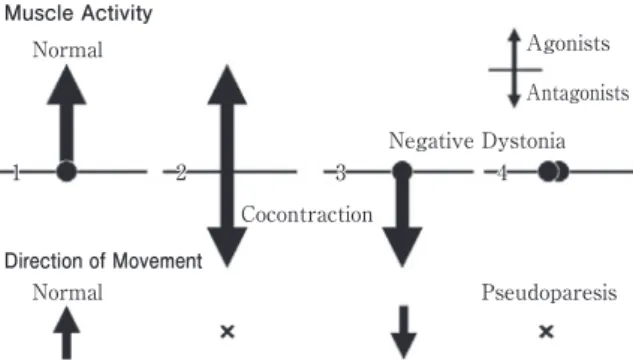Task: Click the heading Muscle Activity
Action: pos(78,13)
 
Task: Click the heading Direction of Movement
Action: pos(103,261)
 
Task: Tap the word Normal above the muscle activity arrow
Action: pos(67,50)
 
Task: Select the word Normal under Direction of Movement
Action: pos(67,292)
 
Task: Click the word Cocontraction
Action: pos(307,214)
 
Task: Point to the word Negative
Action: pos(431,141)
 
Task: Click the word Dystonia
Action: pos(524,142)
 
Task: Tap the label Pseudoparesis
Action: pos(549,293)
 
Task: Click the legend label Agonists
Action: pos(568,44)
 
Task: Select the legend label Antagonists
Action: pos(578,93)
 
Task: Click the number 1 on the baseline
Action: pos(16,173)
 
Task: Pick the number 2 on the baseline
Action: pos(181,173)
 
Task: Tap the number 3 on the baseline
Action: pos(341,173)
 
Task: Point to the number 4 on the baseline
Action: pos(502,173)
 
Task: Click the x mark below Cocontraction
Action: pos(227,332)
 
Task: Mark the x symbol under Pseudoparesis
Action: pos(546,332)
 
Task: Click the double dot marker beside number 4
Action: pos(553,172)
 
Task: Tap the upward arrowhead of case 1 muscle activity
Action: pos(67,86)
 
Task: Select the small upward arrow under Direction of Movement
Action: pos(67,333)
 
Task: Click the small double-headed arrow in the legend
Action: pos(514,68)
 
